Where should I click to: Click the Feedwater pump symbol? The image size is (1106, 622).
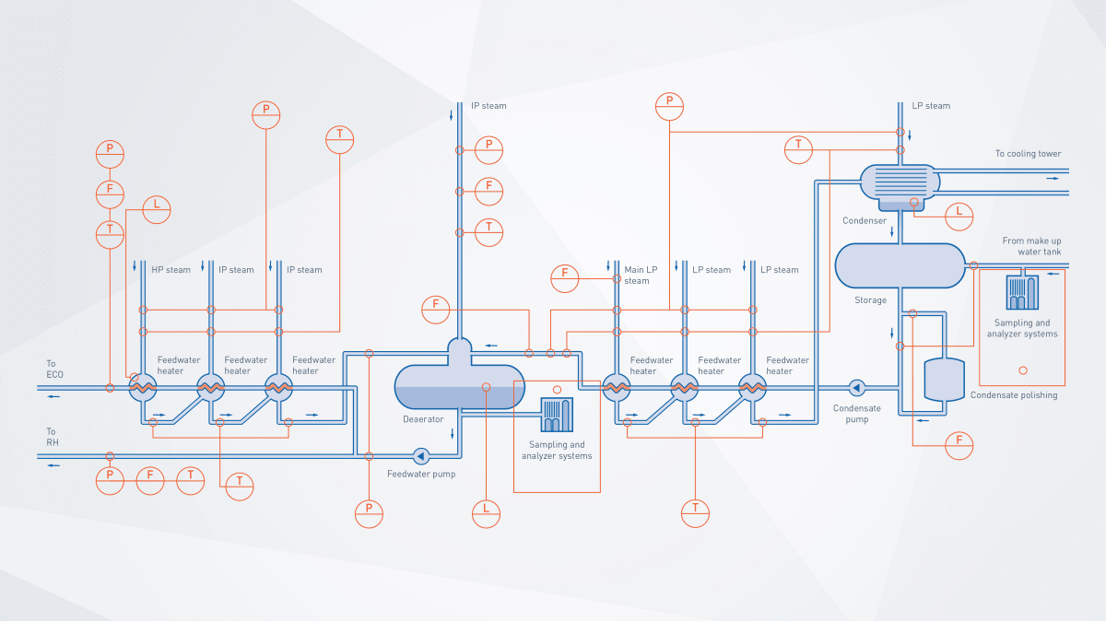[421, 455]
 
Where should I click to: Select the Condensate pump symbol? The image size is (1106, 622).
[856, 387]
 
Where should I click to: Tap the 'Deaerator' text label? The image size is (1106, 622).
[423, 419]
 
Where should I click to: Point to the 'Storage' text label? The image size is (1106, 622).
[870, 299]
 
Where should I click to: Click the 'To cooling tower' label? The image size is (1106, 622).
[1028, 154]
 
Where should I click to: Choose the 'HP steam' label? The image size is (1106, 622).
[171, 270]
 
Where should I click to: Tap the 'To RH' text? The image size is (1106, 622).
[52, 437]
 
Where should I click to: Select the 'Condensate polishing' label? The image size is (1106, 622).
[1014, 395]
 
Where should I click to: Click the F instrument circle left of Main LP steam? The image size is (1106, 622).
[565, 274]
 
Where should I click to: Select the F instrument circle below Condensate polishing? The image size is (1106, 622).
[959, 444]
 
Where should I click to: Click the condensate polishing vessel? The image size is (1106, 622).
[944, 379]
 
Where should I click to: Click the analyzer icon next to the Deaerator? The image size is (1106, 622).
[557, 415]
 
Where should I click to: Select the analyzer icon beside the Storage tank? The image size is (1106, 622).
[1022, 292]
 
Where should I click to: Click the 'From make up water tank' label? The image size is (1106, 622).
[1031, 246]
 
